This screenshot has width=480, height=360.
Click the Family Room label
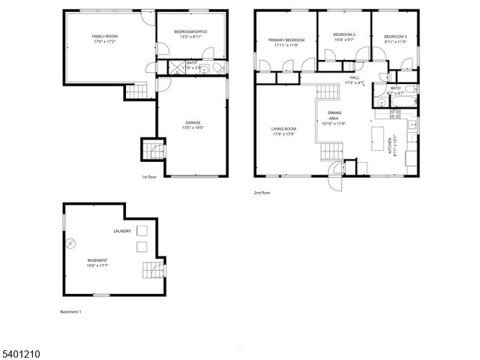coord(105,36)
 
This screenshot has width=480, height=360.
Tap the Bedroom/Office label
coord(190,31)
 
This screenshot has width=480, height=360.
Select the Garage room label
coord(193,122)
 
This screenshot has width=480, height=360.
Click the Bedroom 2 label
coord(343,34)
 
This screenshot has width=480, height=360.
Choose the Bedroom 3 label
coord(395,37)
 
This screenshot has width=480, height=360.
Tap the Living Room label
coord(284,129)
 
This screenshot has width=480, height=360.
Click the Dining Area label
coord(334,115)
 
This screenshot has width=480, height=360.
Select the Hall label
coord(354,76)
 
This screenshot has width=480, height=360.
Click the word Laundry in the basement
coord(122,231)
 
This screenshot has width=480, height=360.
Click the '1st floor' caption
coord(148,177)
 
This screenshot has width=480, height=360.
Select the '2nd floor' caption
coord(262,193)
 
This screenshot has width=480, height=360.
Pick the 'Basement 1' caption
coord(70,311)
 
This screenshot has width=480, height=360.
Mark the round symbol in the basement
coord(72,243)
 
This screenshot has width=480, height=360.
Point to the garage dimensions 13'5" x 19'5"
coord(193,127)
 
